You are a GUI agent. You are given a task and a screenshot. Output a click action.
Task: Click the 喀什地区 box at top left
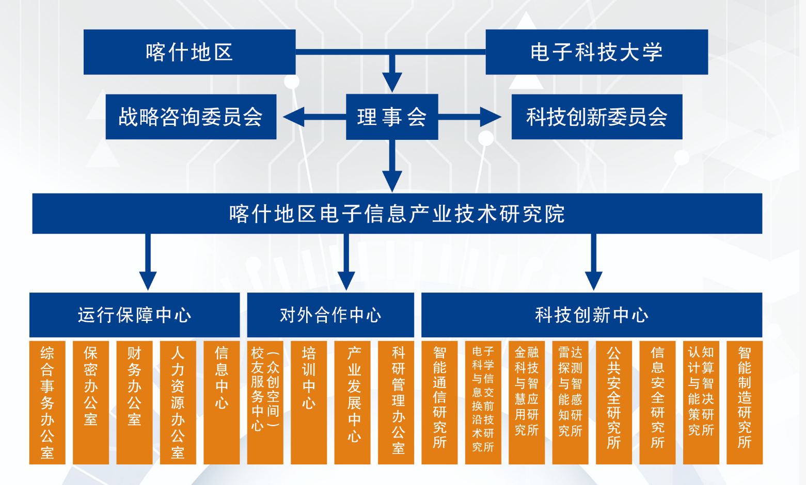click(189, 52)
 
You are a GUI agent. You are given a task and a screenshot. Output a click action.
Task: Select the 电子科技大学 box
click(596, 52)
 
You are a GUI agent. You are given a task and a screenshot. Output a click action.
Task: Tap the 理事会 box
click(392, 117)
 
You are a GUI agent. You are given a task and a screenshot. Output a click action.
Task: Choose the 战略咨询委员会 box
click(191, 117)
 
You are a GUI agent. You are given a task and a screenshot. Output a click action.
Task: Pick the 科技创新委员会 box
click(596, 117)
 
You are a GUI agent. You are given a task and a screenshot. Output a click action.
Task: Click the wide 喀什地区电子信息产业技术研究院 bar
click(397, 214)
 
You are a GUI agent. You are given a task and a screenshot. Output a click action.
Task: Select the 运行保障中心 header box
click(134, 315)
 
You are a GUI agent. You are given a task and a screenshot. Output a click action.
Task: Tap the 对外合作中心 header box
click(330, 315)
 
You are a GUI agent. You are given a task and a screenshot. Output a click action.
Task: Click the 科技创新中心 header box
click(592, 315)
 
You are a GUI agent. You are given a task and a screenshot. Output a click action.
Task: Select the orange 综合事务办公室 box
click(47, 402)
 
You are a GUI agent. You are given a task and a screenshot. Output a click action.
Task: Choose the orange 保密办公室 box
click(91, 402)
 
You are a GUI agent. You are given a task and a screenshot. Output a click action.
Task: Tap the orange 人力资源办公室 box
click(178, 402)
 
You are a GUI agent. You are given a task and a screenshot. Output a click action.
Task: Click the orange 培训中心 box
click(309, 402)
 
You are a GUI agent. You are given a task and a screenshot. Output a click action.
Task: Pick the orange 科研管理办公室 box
click(396, 402)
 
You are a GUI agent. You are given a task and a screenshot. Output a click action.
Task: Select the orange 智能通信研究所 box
click(439, 402)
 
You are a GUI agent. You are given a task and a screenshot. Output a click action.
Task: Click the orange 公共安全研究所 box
click(614, 402)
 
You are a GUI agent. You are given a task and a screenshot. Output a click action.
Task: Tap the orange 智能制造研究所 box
click(745, 402)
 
